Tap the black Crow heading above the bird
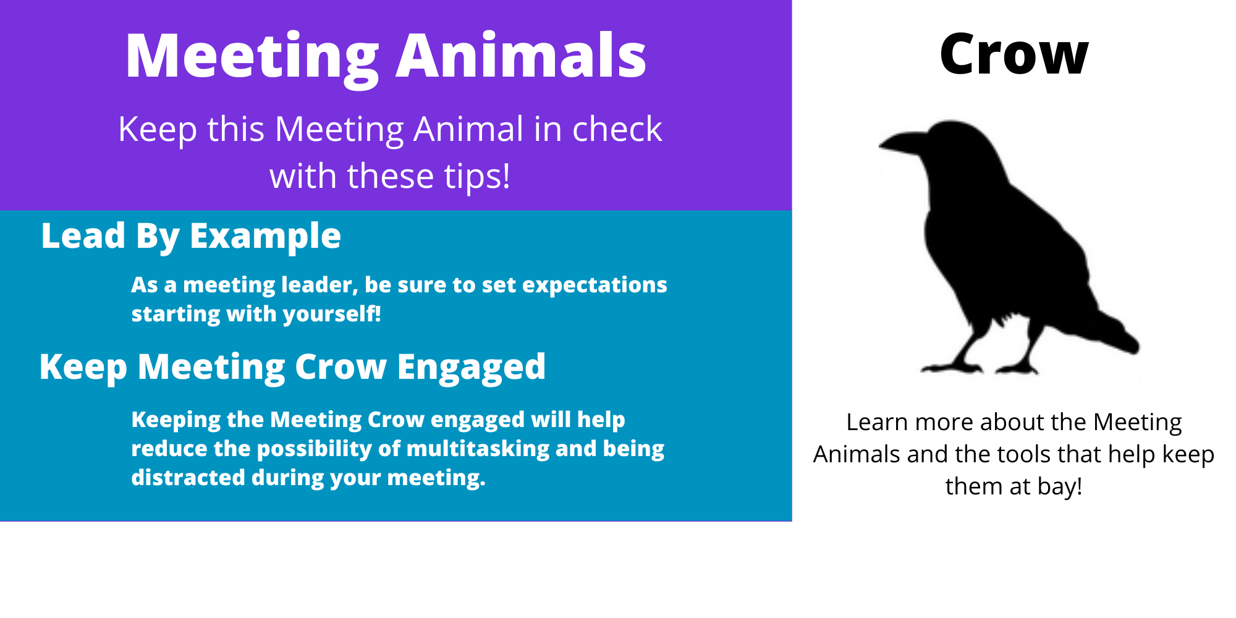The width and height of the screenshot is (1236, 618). click(1014, 54)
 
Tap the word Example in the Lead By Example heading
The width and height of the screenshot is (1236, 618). click(265, 237)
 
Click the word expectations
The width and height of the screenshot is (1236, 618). click(595, 286)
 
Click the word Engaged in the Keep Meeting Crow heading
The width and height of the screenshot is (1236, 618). click(472, 368)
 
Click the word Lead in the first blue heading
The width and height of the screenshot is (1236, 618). click(83, 236)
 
